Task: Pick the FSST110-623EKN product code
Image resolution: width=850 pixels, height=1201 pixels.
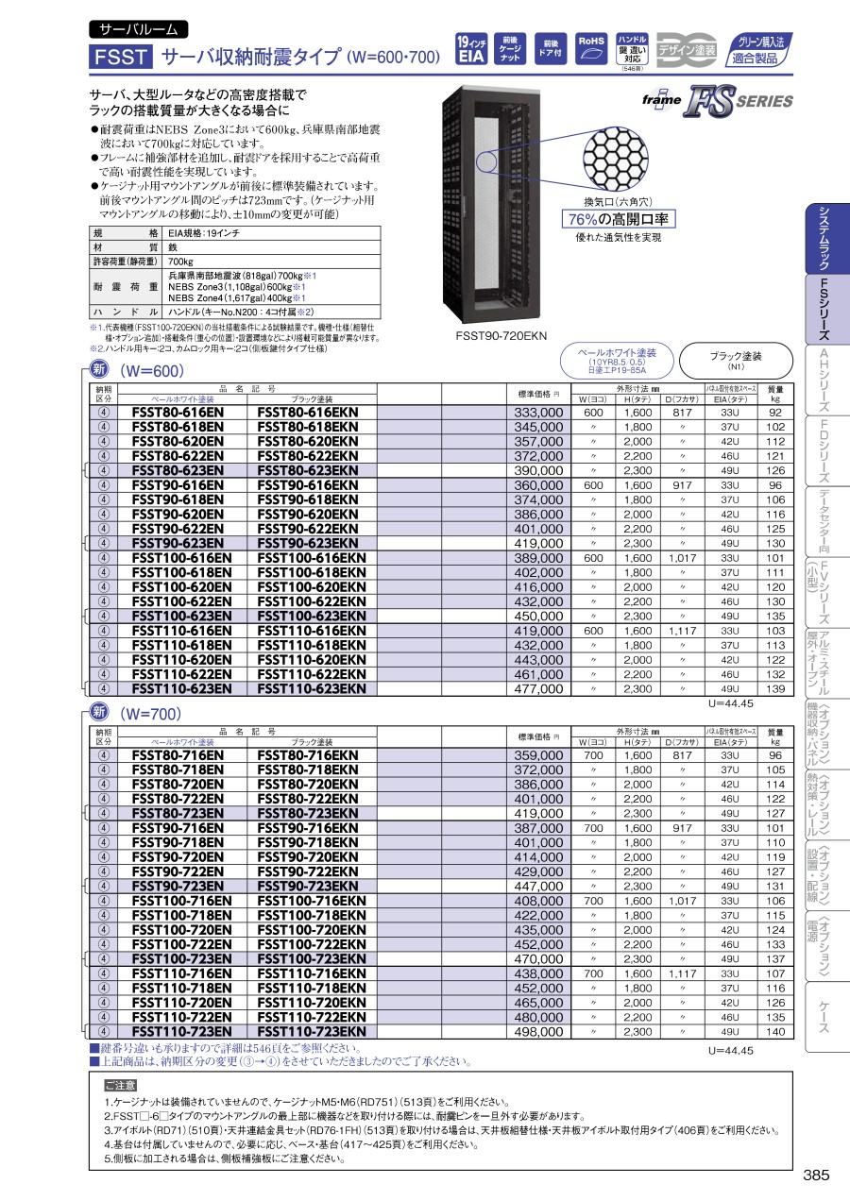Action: point(312,689)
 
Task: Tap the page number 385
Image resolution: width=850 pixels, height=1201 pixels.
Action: point(816,1176)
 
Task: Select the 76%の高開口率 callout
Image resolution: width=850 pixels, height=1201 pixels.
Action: point(618,219)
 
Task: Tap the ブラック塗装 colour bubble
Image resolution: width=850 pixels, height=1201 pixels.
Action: point(735,359)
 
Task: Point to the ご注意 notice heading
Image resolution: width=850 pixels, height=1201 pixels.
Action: point(120,1086)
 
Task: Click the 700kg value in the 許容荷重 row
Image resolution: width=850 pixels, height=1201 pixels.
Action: point(180,261)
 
